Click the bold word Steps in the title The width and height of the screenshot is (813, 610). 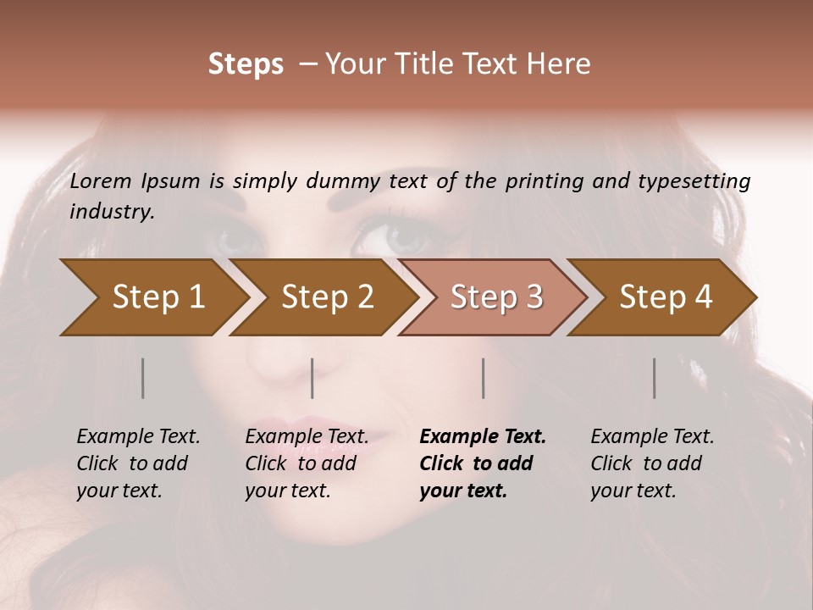tap(246, 64)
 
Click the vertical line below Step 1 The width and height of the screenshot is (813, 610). tap(143, 378)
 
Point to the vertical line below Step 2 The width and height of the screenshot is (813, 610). tap(312, 378)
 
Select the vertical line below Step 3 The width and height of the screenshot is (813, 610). tap(484, 378)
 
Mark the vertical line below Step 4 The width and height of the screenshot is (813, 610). tap(655, 378)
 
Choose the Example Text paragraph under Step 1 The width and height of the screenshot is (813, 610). tap(138, 463)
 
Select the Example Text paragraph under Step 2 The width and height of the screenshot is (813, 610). tap(307, 463)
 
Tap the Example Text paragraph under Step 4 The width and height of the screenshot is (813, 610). tap(652, 463)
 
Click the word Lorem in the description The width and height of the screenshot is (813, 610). tap(101, 180)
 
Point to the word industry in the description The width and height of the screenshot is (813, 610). tap(112, 212)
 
